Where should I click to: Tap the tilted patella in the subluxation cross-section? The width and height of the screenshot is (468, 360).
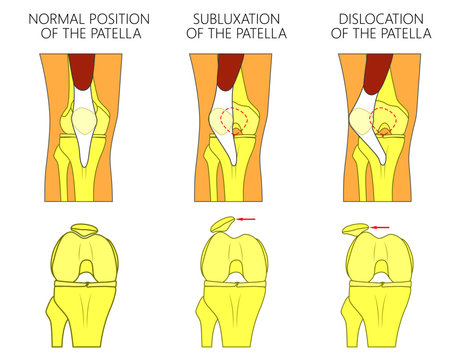(x=222, y=223)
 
